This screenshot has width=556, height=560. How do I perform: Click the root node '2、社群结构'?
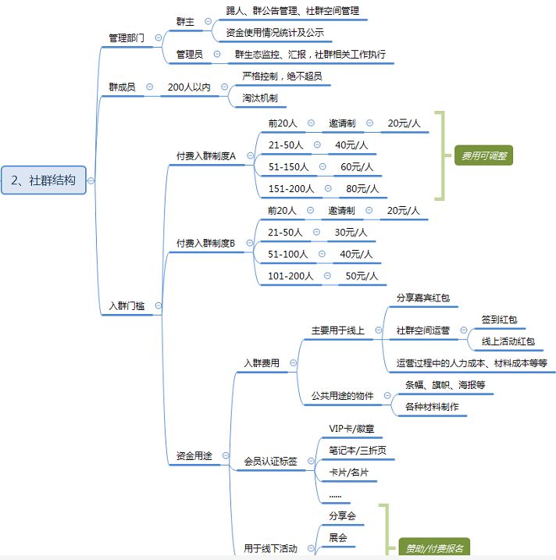43,180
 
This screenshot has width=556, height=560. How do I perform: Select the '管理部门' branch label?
126,37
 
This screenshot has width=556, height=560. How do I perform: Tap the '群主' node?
185,21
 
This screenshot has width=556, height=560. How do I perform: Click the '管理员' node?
189,55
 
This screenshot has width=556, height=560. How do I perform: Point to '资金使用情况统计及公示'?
274,33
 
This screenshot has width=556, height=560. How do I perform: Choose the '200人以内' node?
189,87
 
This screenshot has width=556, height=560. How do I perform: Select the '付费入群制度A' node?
205,155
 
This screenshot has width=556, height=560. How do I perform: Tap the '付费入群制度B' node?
205,243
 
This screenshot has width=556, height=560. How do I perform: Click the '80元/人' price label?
362,188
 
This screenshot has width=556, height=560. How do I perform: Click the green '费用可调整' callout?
483,156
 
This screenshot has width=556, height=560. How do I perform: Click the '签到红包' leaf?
499,320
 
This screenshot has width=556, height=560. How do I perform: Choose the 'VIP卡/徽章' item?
351,429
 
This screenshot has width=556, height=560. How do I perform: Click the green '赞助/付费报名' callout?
434,548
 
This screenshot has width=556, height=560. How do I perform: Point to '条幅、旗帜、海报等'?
444,385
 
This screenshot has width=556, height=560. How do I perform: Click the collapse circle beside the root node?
91,180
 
